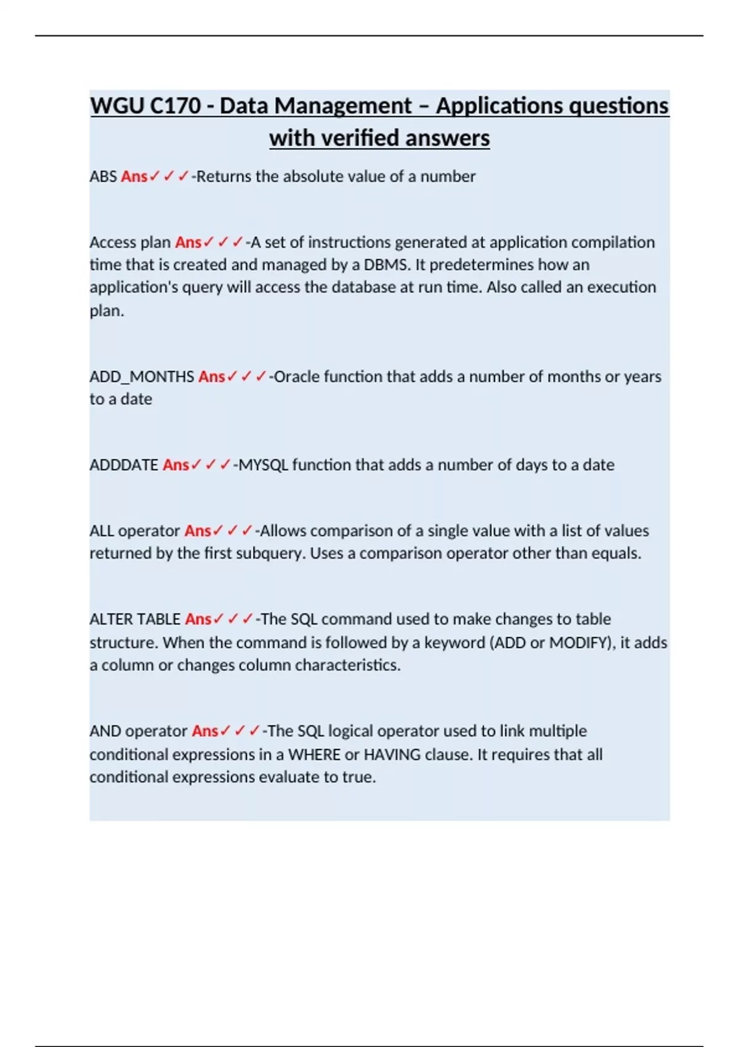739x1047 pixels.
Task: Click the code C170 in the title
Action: tap(175, 106)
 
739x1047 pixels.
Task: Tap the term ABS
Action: tap(103, 177)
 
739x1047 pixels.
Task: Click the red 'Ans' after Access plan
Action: tap(188, 243)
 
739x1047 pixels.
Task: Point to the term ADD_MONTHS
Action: tap(142, 377)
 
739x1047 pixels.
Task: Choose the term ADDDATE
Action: tap(124, 465)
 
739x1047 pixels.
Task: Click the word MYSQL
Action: tap(263, 465)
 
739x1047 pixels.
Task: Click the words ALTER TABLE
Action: tap(135, 619)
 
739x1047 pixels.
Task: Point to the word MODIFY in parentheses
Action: tap(578, 643)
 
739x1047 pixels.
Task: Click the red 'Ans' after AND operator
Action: tap(204, 731)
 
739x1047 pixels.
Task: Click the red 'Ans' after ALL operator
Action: tap(198, 531)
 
